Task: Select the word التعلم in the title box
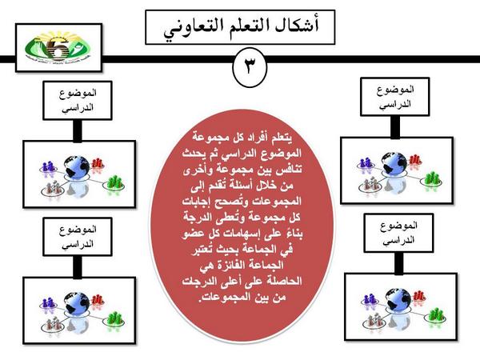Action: pyautogui.click(x=246, y=26)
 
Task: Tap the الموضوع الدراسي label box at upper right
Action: pyautogui.click(x=392, y=98)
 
